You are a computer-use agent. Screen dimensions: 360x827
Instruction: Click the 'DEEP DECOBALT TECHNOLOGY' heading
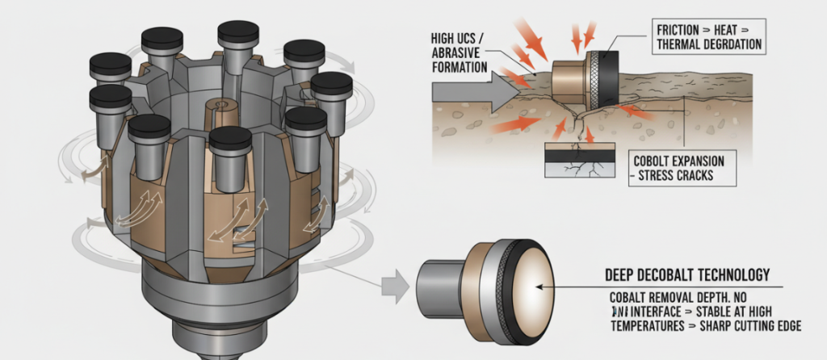click(687, 274)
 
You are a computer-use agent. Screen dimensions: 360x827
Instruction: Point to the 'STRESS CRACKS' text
click(674, 175)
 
